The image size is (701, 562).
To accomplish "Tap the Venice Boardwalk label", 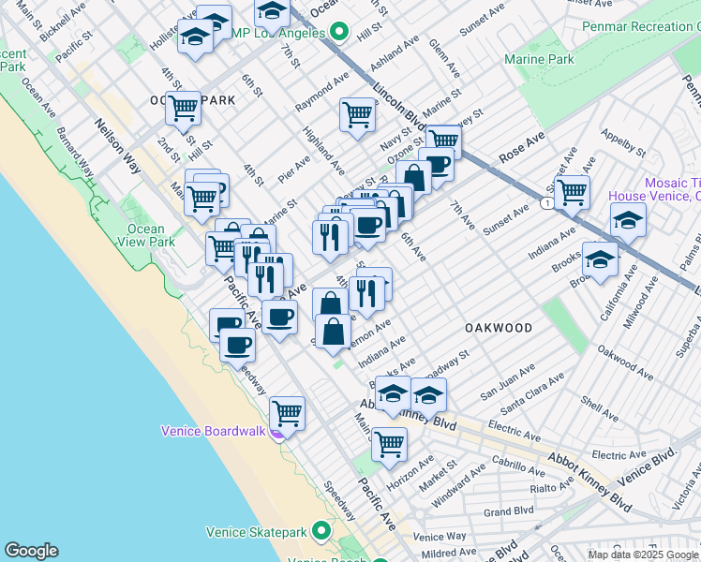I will [x=215, y=431].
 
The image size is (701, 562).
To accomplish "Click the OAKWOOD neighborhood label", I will [x=499, y=328].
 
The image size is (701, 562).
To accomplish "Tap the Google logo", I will [x=31, y=551].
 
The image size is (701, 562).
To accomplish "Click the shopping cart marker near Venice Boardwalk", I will [x=287, y=413].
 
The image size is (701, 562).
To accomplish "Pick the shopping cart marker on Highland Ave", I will [x=358, y=115].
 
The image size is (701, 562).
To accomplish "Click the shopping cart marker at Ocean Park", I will [x=183, y=108].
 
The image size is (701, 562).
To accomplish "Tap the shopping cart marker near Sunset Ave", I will [x=572, y=193].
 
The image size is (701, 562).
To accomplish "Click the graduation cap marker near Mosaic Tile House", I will [x=628, y=221].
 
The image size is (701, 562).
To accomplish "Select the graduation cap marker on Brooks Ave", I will [x=600, y=259].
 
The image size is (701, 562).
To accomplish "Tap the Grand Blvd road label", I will [x=509, y=511].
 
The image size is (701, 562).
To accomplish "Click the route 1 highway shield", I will [x=545, y=203].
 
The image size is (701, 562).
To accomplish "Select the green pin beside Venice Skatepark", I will [x=321, y=532].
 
